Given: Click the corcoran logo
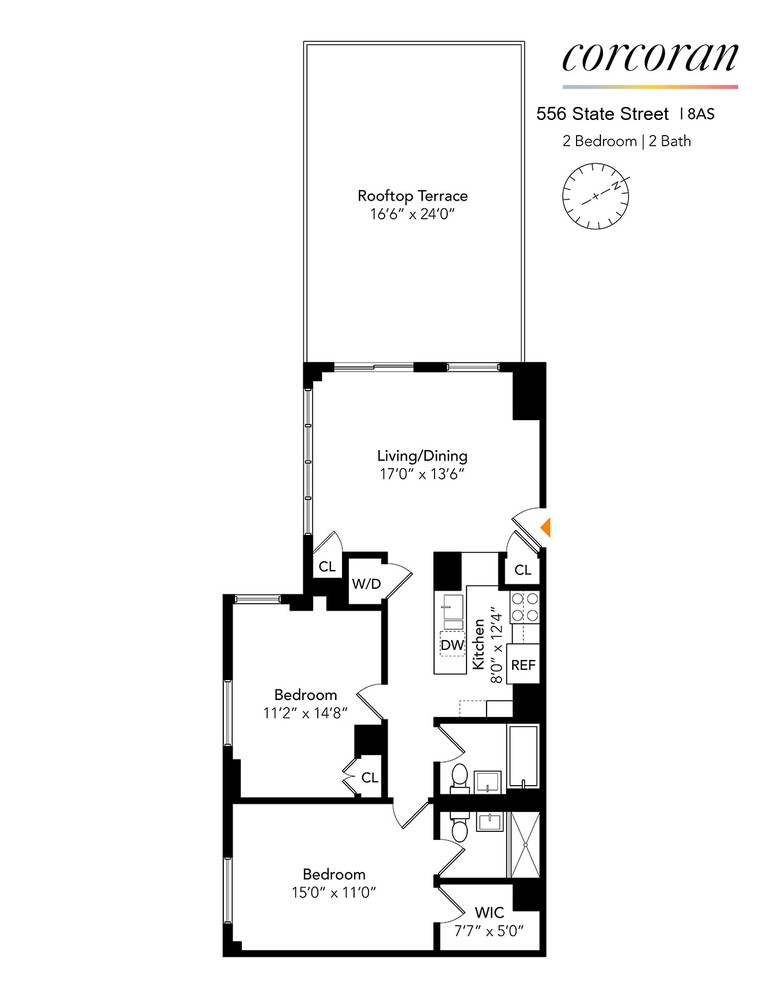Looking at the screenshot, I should (x=649, y=57).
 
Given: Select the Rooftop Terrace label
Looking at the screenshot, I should (x=412, y=196).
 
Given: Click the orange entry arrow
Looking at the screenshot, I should (x=546, y=526).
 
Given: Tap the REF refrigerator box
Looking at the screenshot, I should (x=523, y=665).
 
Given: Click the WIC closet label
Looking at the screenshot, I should (x=489, y=913).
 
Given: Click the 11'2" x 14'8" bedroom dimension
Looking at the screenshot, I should (x=306, y=713).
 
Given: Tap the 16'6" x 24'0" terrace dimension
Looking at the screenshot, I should (x=412, y=214).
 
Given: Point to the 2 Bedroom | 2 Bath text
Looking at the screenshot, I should (x=627, y=141).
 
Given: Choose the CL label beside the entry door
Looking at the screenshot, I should (x=522, y=570).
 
